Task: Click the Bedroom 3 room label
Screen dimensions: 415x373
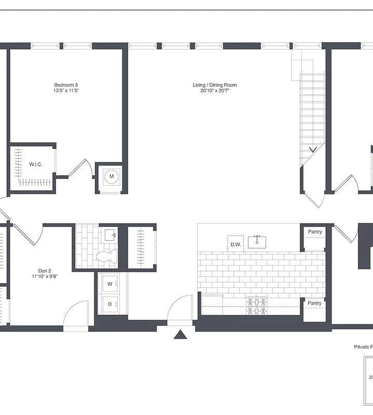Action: pos(66,85)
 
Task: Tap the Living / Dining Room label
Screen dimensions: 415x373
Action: pos(215,85)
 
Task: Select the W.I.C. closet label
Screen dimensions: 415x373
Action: pos(36,164)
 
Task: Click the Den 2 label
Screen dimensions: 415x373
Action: pos(45,270)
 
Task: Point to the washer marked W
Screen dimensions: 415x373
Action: pos(110,284)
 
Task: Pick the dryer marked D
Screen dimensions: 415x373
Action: pos(110,305)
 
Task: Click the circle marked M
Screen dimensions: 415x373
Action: pos(111,177)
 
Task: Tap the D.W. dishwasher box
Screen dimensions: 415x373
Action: pos(235,244)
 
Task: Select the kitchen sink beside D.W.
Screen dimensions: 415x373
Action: pos(257,242)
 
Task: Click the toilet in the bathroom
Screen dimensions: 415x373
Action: pos(108,255)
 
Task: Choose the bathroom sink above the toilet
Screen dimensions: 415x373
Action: pos(110,235)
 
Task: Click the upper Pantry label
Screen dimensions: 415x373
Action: pos(315,232)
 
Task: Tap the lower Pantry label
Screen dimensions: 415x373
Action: pos(314,303)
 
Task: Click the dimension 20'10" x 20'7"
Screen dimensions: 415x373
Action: pos(215,91)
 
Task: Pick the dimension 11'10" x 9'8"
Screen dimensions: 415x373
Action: pos(45,276)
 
